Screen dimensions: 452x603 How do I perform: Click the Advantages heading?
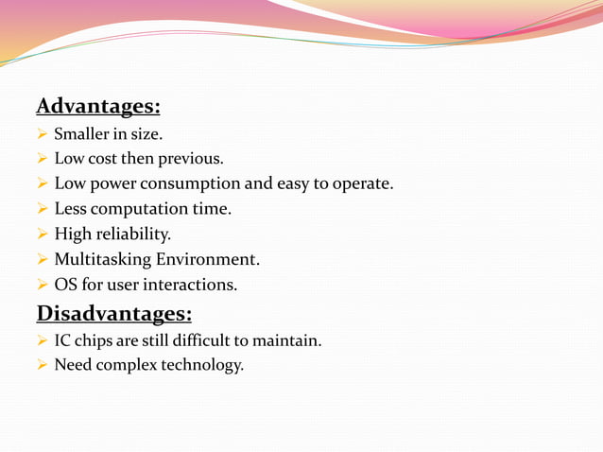pos(97,105)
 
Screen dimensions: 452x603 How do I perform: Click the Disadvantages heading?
pos(113,312)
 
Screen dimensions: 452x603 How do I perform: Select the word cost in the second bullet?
pos(100,158)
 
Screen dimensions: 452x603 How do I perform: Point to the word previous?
pos(190,158)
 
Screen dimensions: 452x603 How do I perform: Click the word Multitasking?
pos(98,259)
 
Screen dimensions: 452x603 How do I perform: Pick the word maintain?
pos(289,340)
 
